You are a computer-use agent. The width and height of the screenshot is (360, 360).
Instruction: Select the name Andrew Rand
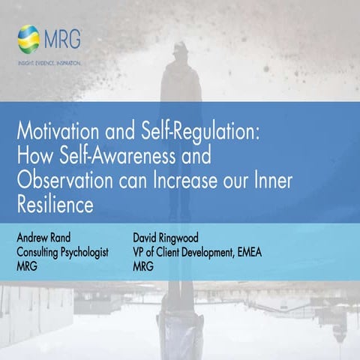click(46, 238)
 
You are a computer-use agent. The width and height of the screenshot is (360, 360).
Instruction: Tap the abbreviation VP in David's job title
click(139, 251)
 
